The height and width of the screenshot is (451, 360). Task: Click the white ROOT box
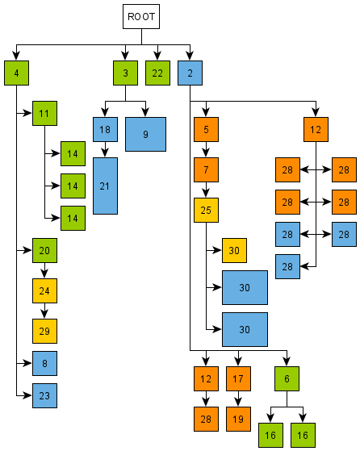pyautogui.click(x=141, y=16)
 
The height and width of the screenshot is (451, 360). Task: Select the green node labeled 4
pyautogui.click(x=16, y=73)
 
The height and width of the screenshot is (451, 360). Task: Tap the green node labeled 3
pyautogui.click(x=125, y=73)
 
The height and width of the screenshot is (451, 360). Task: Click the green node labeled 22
pyautogui.click(x=157, y=73)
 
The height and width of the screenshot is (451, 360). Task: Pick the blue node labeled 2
pyautogui.click(x=190, y=73)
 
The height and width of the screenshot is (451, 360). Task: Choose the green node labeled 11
pyautogui.click(x=44, y=114)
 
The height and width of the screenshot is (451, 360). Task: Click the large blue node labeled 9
pyautogui.click(x=145, y=134)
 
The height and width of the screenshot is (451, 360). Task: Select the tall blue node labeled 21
pyautogui.click(x=105, y=186)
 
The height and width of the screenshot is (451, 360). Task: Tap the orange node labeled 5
pyautogui.click(x=206, y=130)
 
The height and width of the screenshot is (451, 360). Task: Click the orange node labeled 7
pyautogui.click(x=206, y=170)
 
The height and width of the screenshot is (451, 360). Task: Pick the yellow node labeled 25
pyautogui.click(x=206, y=211)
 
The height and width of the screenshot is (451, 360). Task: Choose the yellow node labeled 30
pyautogui.click(x=234, y=251)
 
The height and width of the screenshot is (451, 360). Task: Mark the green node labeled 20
pyautogui.click(x=44, y=251)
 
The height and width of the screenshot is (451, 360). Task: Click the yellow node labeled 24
pyautogui.click(x=44, y=291)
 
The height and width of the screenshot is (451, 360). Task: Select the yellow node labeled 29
pyautogui.click(x=44, y=332)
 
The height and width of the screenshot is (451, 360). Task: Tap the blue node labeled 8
pyautogui.click(x=44, y=364)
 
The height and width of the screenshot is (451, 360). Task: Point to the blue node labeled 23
pyautogui.click(x=44, y=396)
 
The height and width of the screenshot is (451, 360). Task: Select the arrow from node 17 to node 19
pyautogui.click(x=238, y=399)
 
